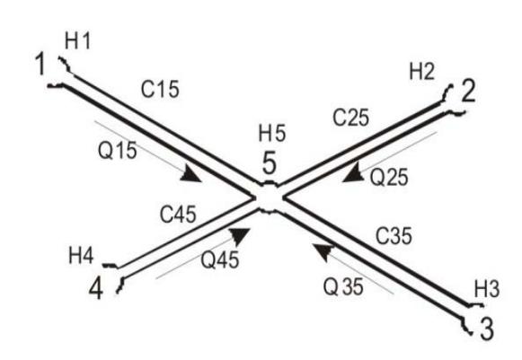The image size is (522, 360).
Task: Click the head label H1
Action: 77,41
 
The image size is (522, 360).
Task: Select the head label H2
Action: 421,71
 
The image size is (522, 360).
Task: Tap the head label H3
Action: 487,288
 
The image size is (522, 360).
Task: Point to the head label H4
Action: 81,256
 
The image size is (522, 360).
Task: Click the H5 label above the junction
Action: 272,133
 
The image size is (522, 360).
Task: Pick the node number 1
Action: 40,63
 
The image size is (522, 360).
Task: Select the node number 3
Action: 487,329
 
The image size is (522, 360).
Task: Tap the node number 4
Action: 96,288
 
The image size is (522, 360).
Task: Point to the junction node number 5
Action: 270,162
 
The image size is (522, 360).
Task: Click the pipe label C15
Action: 160,89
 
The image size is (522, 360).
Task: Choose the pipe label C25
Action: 351,118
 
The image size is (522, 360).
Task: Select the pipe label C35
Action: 394,235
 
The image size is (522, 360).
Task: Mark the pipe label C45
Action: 178,214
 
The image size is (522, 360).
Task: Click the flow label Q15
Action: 117,150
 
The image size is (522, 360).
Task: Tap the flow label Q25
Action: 389,177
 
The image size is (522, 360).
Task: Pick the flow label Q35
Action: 343,286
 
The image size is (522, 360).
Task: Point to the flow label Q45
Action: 220,259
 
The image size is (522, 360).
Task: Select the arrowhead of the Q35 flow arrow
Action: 323,251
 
